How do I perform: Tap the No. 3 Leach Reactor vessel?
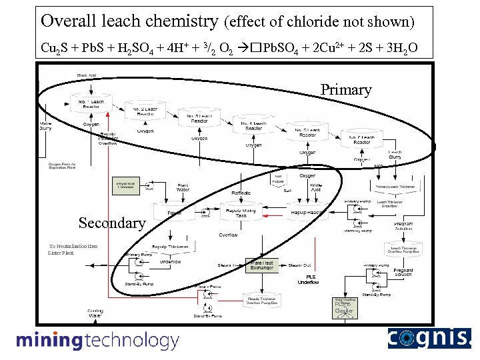point(199,118)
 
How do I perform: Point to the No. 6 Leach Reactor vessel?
point(362,139)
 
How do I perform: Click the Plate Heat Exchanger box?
point(262,265)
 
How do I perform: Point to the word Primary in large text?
point(345,89)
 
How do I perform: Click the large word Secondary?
point(111,223)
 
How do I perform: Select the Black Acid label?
point(87,75)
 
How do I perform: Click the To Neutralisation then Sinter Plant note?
point(73,249)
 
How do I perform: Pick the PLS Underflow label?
point(309,279)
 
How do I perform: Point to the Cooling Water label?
point(95,313)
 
